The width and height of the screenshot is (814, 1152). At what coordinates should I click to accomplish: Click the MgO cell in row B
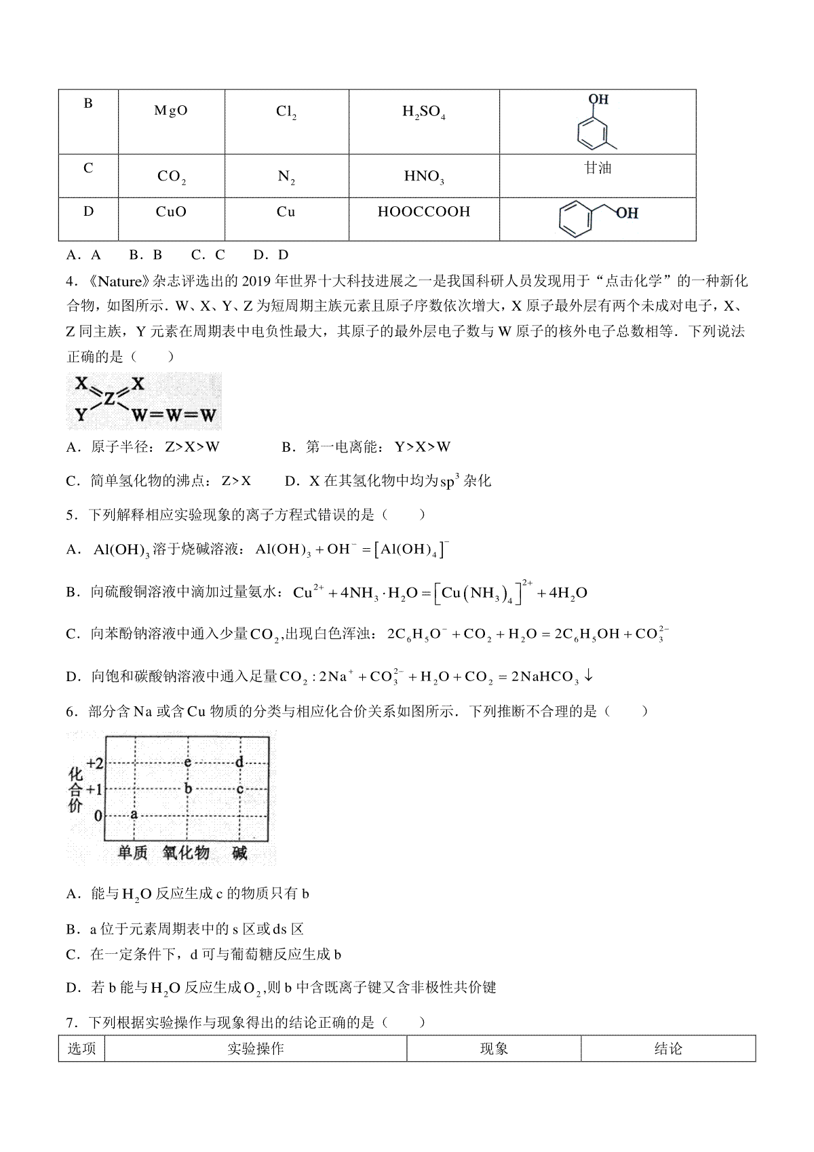171,111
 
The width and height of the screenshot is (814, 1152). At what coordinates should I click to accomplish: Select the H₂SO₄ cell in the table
423,113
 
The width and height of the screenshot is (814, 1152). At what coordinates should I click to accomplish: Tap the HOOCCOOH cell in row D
424,212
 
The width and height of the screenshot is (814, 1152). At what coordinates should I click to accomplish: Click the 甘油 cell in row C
598,168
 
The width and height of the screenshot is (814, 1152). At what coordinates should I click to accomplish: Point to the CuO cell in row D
171,212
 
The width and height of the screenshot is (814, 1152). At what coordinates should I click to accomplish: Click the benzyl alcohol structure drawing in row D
598,218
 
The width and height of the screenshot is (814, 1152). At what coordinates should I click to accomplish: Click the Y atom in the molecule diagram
81,414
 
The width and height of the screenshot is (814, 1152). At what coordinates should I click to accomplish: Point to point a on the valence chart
134,813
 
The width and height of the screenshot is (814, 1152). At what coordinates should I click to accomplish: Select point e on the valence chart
188,763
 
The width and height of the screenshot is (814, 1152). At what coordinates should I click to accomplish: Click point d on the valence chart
239,763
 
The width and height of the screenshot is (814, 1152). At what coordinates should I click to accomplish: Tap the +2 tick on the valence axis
94,763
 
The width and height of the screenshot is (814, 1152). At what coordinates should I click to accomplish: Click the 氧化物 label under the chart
186,853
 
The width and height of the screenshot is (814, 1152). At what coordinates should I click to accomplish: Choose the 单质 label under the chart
132,853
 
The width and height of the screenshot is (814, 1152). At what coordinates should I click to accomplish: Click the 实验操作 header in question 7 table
255,1049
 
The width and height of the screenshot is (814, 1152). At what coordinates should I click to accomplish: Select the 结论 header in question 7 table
668,1049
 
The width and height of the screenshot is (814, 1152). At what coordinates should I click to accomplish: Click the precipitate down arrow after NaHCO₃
588,676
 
